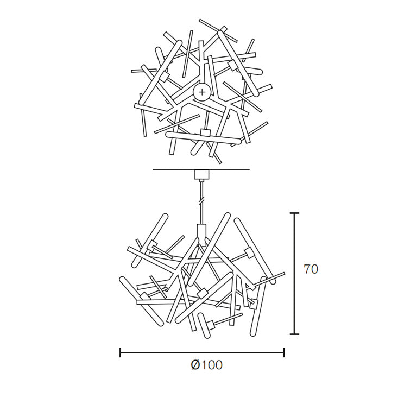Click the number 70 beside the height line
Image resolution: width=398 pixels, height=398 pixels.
coord(311,269)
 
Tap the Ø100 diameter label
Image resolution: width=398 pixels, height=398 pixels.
coord(206,365)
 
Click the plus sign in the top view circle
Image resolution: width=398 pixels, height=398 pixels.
coord(202,92)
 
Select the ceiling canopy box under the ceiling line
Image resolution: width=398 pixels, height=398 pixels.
coord(201,174)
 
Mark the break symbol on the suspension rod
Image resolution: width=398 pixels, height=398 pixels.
coord(201,200)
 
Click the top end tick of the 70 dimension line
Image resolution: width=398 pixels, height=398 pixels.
coord(294,213)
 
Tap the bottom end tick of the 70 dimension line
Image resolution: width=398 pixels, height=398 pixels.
coord(294,334)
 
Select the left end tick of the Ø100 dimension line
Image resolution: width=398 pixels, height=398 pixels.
coord(120,352)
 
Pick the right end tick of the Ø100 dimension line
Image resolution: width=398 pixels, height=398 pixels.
coord(284,352)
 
